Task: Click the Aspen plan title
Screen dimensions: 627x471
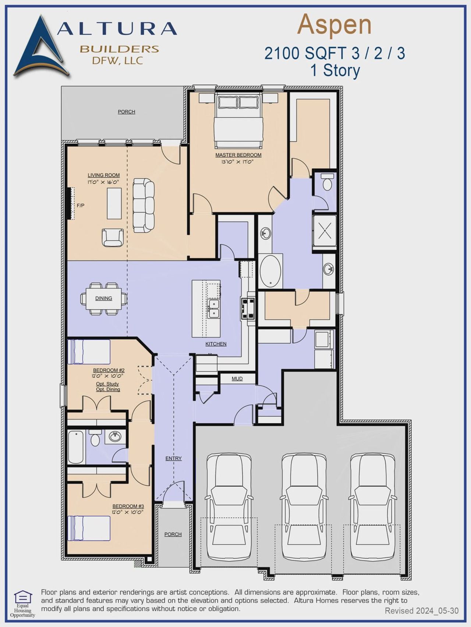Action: point(334,25)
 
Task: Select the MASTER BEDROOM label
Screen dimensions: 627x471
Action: point(238,155)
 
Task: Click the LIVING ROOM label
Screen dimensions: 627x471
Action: point(103,175)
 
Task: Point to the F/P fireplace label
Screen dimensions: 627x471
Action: point(80,206)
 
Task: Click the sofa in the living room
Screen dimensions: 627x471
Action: point(144,205)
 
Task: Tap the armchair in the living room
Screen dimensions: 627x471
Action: point(113,237)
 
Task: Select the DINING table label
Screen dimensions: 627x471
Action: point(103,298)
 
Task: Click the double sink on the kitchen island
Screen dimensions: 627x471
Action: point(213,308)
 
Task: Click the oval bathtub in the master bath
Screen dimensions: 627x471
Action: point(270,271)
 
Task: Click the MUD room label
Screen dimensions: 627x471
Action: point(237,379)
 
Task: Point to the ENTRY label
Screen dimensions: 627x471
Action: point(173,458)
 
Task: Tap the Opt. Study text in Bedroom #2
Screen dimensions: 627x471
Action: point(107,384)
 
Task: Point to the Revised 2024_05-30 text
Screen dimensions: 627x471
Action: point(421,611)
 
